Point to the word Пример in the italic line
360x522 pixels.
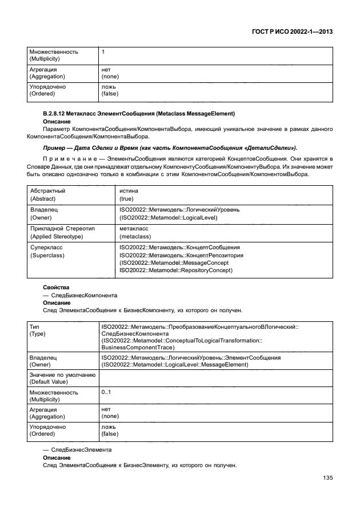tap(54, 148)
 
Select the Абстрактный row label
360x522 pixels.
tap(47, 191)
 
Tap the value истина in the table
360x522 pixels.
tap(129, 191)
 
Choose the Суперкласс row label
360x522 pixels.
tap(47, 247)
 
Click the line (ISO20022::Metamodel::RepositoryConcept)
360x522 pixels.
tap(175, 270)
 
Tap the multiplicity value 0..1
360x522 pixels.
tap(106, 392)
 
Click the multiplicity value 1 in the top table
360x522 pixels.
tap(103, 51)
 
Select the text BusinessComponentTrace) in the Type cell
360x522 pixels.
tap(138, 347)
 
